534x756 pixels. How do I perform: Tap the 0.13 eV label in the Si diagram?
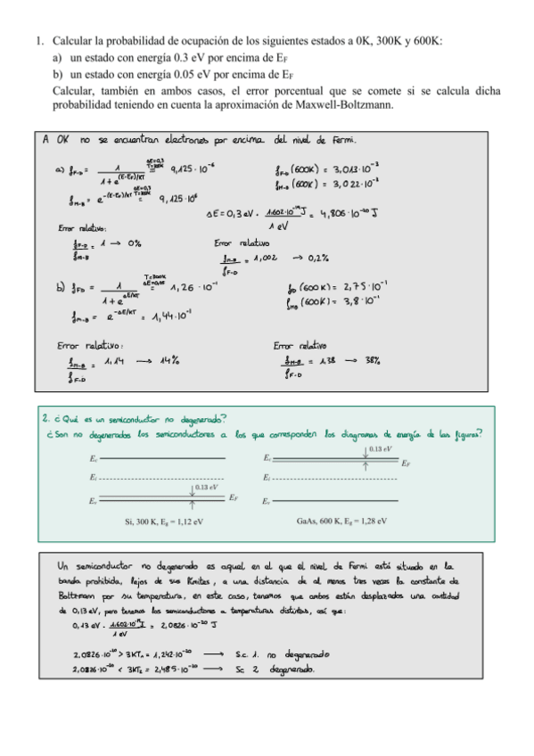coord(209,487)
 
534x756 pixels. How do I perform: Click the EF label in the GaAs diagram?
coord(407,464)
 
